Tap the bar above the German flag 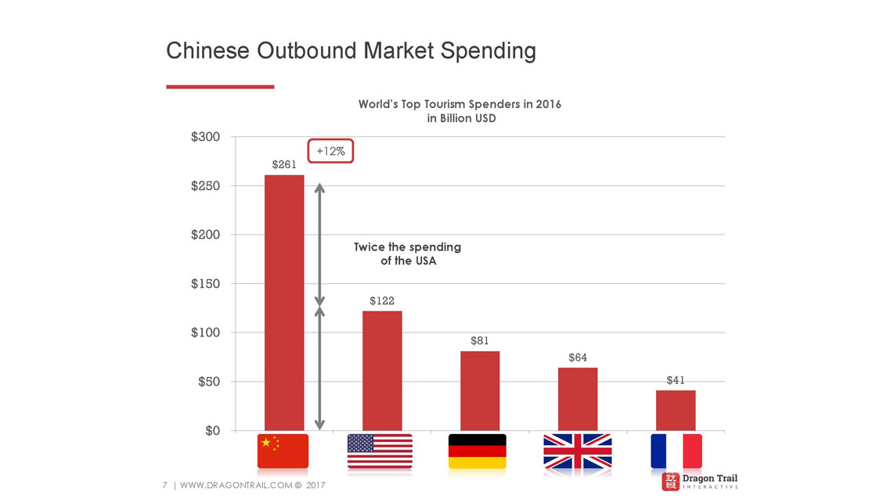tap(480, 390)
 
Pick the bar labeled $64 tap(578, 398)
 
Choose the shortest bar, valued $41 tap(676, 410)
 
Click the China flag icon tap(283, 451)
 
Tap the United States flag tap(380, 451)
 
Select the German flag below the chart tap(477, 451)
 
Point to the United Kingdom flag tap(578, 451)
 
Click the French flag tap(676, 451)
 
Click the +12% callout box tap(330, 151)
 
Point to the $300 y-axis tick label tap(205, 137)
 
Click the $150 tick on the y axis tap(205, 284)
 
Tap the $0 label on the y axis tap(211, 431)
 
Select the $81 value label tap(480, 341)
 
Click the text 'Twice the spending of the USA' tap(407, 253)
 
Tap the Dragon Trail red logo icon tap(671, 481)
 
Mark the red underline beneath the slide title tap(220, 87)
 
